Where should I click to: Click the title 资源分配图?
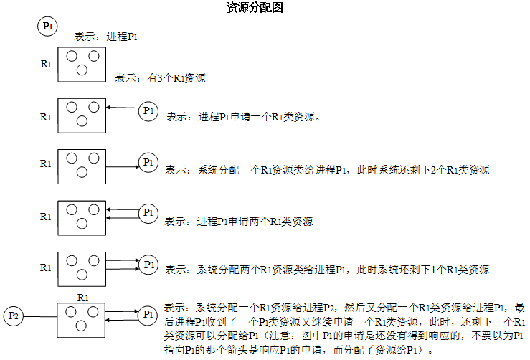pyautogui.click(x=255, y=7)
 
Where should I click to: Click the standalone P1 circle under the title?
pyautogui.click(x=47, y=27)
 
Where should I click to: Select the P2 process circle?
pyautogui.click(x=14, y=316)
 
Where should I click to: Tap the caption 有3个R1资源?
pyautogui.click(x=176, y=78)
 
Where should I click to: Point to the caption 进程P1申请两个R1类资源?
pyautogui.click(x=255, y=222)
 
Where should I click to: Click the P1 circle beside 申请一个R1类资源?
pyautogui.click(x=148, y=111)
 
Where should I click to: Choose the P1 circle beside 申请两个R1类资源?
pyautogui.click(x=148, y=213)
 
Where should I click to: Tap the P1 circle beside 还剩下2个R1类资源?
pyautogui.click(x=148, y=163)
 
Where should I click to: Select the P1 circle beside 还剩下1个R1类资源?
pyautogui.click(x=148, y=265)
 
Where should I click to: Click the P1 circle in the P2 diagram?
pyautogui.click(x=148, y=316)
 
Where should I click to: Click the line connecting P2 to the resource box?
pyautogui.click(x=40, y=317)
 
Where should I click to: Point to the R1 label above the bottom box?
pyautogui.click(x=82, y=298)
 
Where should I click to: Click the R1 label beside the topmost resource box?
pyautogui.click(x=46, y=64)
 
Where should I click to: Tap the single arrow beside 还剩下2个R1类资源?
pyautogui.click(x=123, y=166)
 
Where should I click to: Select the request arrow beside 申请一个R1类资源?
pyautogui.click(x=123, y=108)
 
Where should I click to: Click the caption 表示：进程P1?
pyautogui.click(x=106, y=37)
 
